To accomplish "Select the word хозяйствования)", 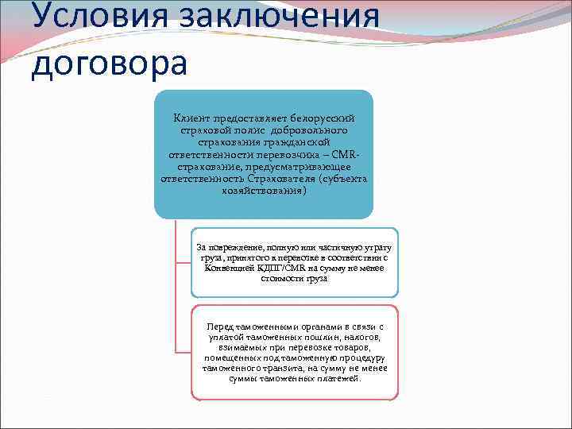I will pyautogui.click(x=263, y=190).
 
